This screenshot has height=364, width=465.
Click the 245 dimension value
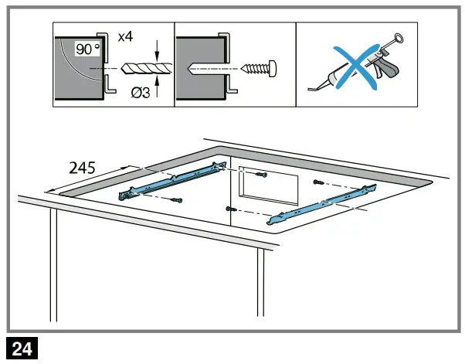[x=83, y=166]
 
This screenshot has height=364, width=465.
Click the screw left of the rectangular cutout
[x=228, y=209]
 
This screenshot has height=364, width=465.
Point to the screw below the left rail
[x=178, y=202]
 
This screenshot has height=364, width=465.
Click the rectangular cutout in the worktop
[x=266, y=188]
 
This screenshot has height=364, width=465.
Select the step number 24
[x=22, y=349]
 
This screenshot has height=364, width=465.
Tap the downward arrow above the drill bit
[x=157, y=55]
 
